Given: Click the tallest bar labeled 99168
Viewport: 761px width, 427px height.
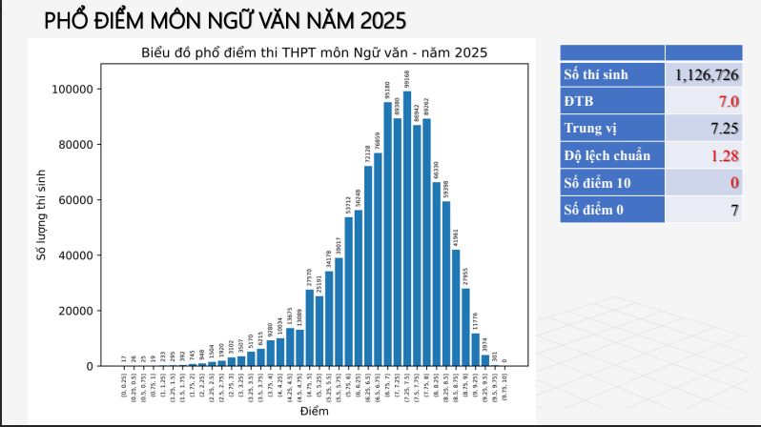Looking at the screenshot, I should pos(407,229).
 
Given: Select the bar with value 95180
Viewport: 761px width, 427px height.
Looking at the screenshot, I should pos(388,234).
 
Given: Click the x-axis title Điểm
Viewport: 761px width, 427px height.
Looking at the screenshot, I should pos(314,412).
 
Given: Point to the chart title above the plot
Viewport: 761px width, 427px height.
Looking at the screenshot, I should pos(314,52).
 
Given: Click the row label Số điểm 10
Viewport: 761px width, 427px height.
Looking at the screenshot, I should pos(598,182).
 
